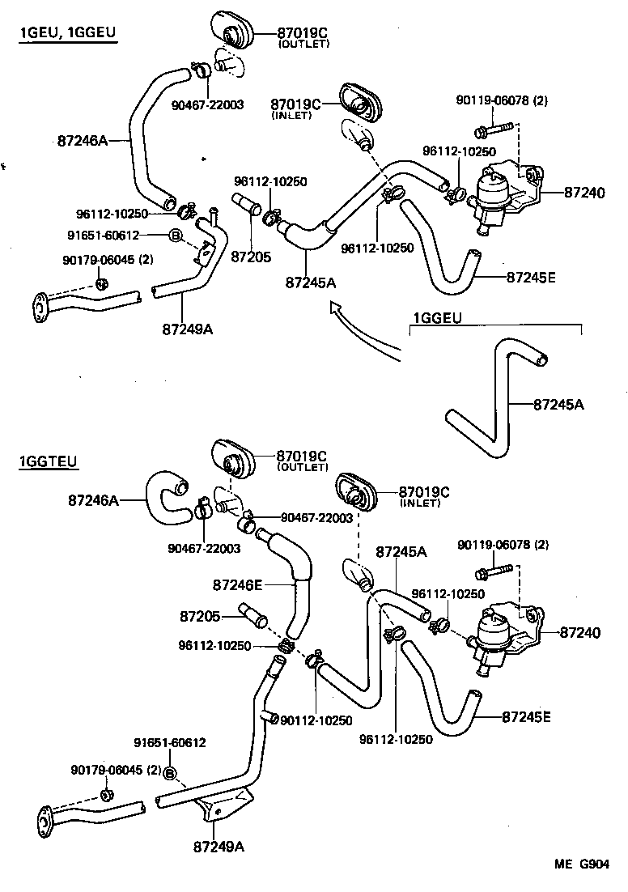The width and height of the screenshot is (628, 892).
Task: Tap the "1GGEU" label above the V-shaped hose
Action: (437, 318)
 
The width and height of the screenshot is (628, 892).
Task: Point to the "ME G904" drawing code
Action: (581, 864)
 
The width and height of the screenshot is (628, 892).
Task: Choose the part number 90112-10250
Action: (316, 720)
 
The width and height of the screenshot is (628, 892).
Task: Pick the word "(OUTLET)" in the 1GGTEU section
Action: (303, 467)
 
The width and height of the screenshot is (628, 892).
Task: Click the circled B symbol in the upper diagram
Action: (174, 236)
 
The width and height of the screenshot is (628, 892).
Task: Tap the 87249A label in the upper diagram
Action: (188, 329)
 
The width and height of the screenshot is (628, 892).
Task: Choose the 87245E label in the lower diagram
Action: (526, 716)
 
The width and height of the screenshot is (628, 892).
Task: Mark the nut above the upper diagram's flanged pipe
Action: (102, 283)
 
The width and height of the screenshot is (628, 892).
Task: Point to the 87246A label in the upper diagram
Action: (82, 140)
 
